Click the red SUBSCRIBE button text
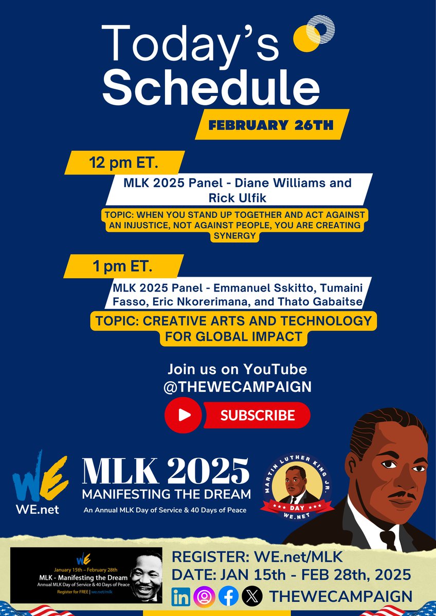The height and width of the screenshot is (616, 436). [258, 415]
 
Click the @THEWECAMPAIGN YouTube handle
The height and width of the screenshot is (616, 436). [237, 386]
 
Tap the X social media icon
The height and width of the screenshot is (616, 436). [252, 596]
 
